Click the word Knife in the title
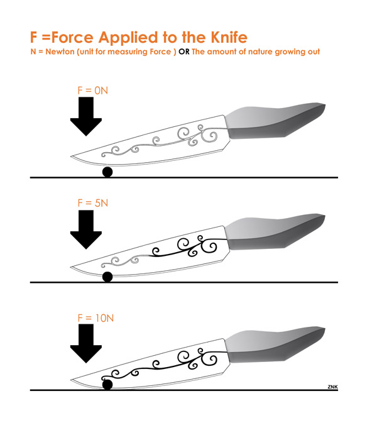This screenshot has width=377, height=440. point(229,37)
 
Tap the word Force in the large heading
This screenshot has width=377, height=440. point(72,37)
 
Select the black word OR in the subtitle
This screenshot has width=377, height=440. point(184,52)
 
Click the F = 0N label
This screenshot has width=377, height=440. point(92,91)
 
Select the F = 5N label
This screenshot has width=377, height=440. point(92,203)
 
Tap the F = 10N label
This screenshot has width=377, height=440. point(96,318)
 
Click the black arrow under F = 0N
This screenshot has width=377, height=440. point(86,116)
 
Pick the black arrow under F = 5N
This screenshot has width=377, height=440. point(86,229)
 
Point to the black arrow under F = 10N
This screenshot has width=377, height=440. point(86,343)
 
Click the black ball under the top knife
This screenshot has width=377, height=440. point(107,172)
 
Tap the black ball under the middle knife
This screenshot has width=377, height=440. point(107,277)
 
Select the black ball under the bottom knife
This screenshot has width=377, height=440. point(107,385)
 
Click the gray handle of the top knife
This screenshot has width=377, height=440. point(273,122)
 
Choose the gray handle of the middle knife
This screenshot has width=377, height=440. point(273,233)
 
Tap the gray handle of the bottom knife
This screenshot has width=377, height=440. point(273,346)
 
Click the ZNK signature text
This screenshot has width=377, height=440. point(332,387)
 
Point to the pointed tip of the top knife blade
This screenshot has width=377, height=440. point(70,157)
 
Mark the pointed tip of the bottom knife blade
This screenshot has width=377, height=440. point(70,380)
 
